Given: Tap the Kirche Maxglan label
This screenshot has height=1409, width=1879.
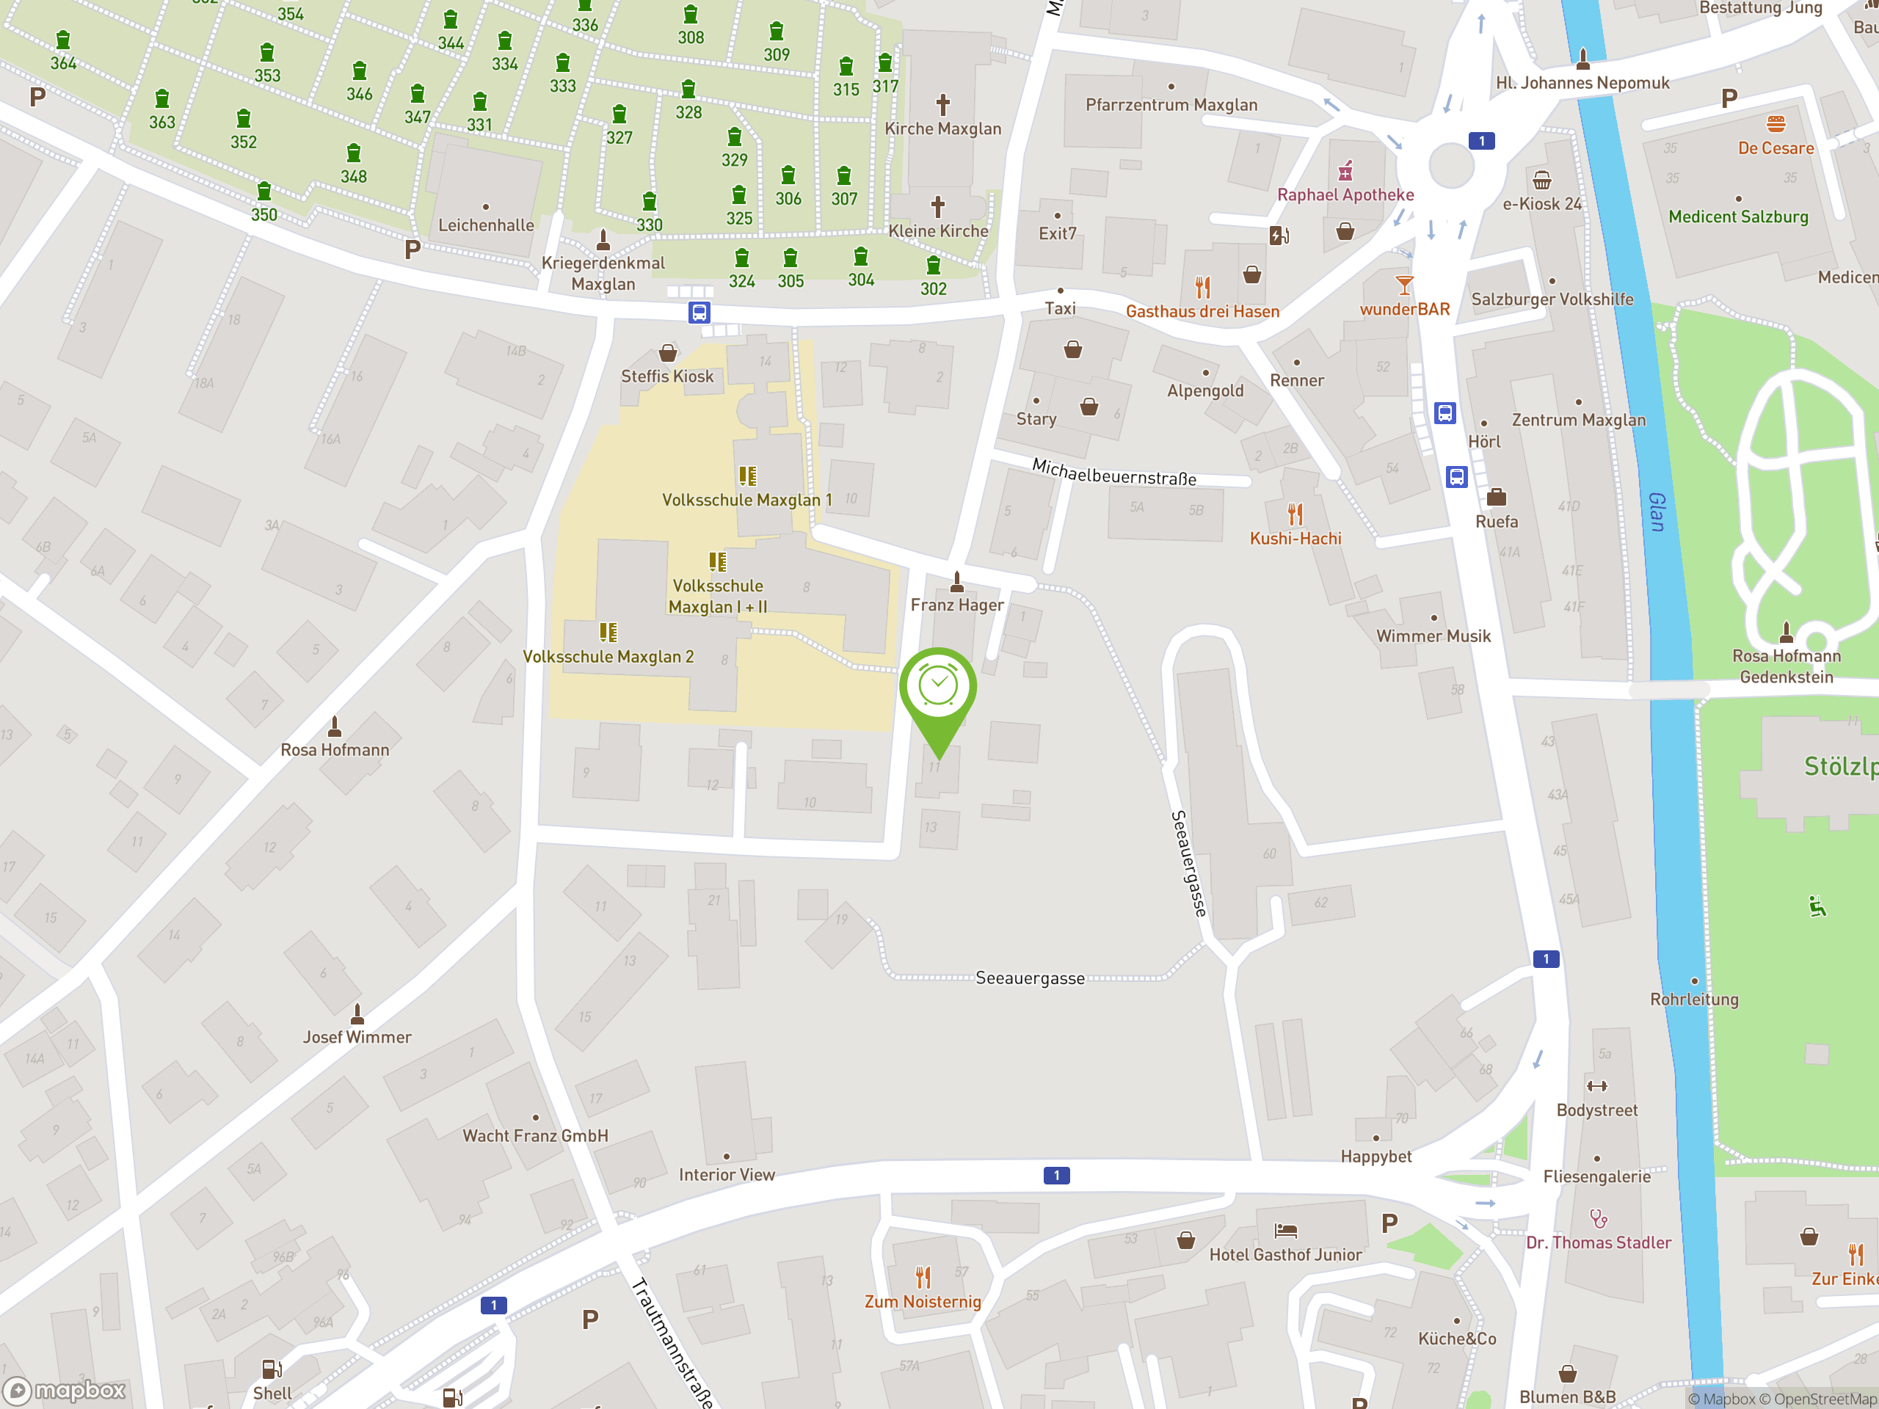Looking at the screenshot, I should coord(943,129).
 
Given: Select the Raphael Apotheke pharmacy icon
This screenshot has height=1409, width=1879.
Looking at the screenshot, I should coord(1345,172).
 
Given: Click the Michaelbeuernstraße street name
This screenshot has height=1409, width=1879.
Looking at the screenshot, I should coord(1113,472).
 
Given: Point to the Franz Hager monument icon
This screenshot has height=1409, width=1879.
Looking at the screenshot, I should coord(957,582).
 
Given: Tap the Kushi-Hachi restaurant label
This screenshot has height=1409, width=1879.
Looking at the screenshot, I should coord(1295,539).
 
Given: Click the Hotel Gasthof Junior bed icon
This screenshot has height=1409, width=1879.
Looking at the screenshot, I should coord(1285,1231).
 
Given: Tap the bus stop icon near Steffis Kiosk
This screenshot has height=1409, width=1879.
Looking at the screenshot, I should coord(699,313).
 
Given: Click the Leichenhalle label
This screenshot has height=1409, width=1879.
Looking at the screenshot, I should coord(486,225).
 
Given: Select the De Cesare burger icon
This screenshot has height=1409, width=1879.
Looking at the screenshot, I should coord(1776,124).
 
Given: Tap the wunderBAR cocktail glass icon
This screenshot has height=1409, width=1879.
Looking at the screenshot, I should coord(1404,285).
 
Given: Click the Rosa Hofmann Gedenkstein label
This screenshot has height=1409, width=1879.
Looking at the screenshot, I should coord(1787,666).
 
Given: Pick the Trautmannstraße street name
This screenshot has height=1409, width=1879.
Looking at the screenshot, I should coord(671,1342).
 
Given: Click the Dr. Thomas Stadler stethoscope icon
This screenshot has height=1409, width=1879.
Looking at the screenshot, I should coord(1599,1220).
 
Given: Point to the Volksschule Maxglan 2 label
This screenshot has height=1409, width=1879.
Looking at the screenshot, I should coord(608,657).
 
